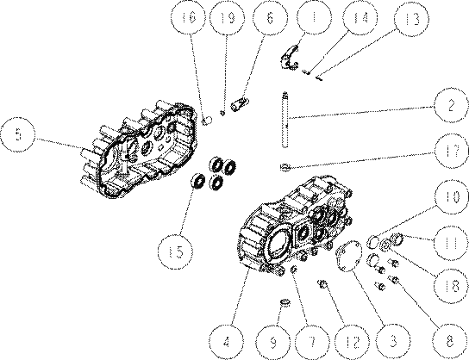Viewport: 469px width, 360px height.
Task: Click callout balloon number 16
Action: coord(189,18)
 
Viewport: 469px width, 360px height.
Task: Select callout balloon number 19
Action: coord(227,18)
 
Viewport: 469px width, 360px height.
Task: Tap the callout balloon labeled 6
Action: coord(270,18)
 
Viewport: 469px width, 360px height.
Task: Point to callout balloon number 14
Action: coord(360,18)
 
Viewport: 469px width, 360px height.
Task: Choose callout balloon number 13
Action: coord(411,19)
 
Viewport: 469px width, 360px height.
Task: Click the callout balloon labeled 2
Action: coord(451,105)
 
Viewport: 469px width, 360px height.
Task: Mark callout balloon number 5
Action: coord(17,134)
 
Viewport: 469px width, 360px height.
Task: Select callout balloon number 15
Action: coord(176,251)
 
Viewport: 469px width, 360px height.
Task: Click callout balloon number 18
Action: coord(452,286)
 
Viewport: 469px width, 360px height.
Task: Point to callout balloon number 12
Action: coord(352,341)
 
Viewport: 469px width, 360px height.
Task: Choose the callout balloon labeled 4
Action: coord(227,341)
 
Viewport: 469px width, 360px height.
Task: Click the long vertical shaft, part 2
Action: coord(285,120)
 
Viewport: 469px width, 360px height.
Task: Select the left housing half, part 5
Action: coord(139,149)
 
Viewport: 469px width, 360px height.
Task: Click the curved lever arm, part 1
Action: coord(290,58)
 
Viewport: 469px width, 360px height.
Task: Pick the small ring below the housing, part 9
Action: coord(286,302)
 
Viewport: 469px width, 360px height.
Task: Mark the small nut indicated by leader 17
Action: coord(285,167)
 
